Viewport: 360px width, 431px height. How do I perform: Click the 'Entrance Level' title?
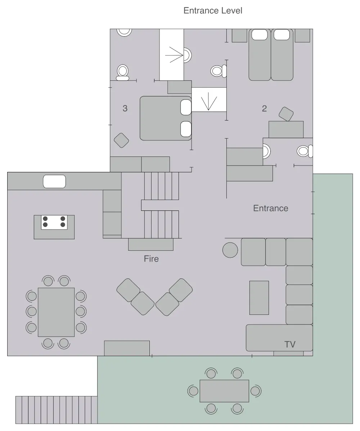pyautogui.click(x=213, y=11)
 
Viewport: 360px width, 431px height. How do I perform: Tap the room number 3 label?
pyautogui.click(x=125, y=108)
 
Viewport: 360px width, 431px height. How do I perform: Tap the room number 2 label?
pyautogui.click(x=264, y=108)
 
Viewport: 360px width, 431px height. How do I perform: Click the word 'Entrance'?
pyautogui.click(x=270, y=208)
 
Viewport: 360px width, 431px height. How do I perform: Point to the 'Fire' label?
pyautogui.click(x=151, y=259)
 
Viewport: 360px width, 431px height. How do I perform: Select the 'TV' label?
pyautogui.click(x=290, y=344)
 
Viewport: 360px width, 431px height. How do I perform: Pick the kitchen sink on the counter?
pyautogui.click(x=54, y=181)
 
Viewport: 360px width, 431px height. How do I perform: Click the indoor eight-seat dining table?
pyautogui.click(x=56, y=312)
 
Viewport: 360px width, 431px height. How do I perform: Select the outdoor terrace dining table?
pyautogui.click(x=224, y=391)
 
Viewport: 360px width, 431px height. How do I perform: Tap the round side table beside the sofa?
pyautogui.click(x=230, y=250)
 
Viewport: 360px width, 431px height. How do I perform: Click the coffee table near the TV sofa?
pyautogui.click(x=259, y=297)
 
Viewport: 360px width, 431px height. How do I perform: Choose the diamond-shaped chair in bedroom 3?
pyautogui.click(x=121, y=140)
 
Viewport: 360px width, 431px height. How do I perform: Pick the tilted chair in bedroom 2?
pyautogui.click(x=286, y=114)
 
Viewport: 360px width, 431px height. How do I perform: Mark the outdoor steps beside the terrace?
pyautogui.click(x=57, y=410)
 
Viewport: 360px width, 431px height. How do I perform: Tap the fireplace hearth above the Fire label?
pyautogui.click(x=150, y=244)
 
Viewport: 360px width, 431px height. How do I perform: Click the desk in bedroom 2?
pyautogui.click(x=286, y=130)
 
